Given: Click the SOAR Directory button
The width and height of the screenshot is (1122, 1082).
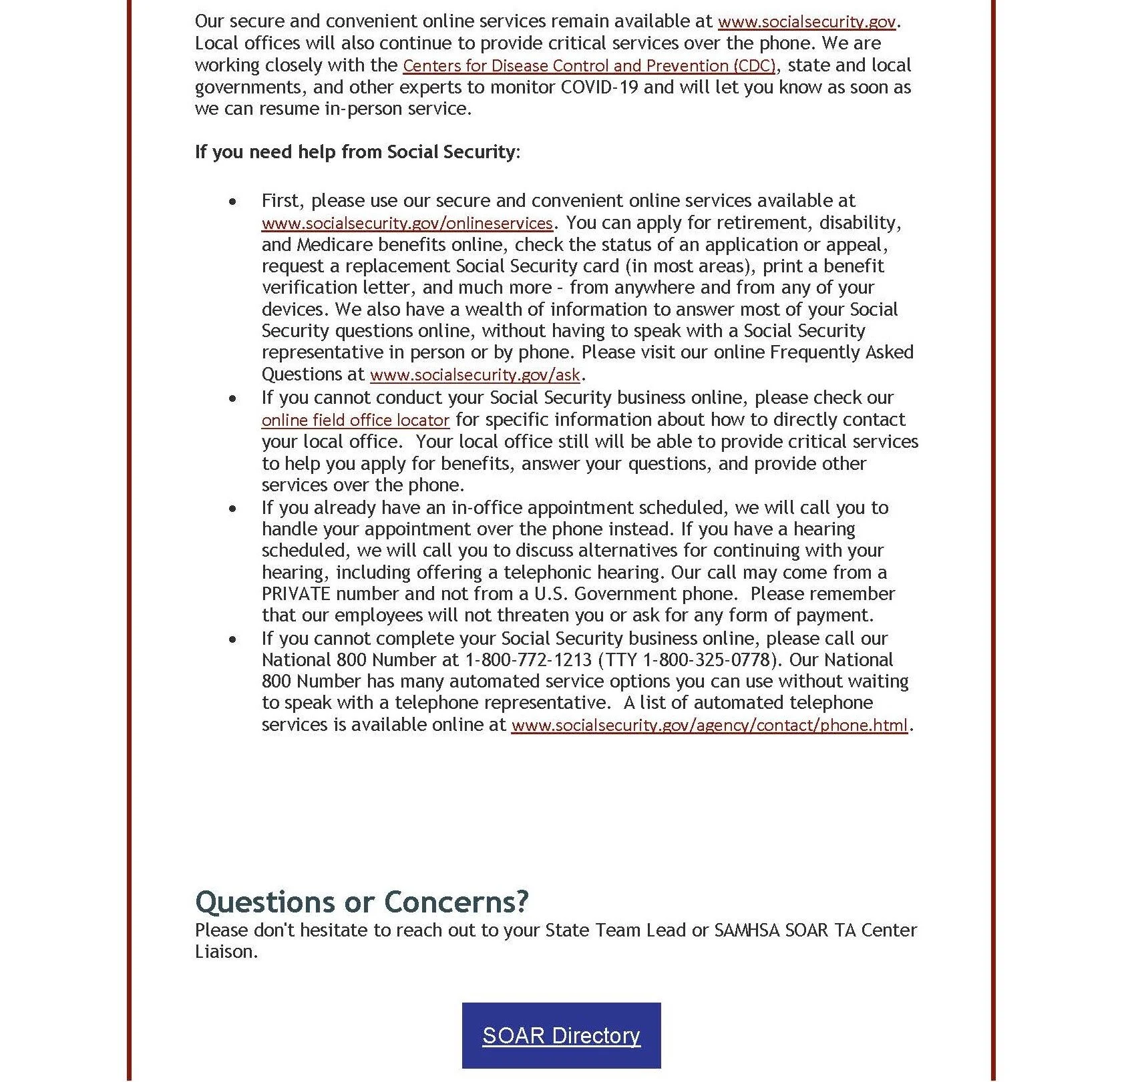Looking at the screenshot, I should (x=561, y=1035).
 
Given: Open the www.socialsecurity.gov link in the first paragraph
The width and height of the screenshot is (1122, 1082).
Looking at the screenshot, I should (x=806, y=22).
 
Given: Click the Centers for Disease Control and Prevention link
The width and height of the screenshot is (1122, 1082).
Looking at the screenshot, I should (x=589, y=66).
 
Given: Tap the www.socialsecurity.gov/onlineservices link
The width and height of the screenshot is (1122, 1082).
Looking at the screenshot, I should (x=407, y=223).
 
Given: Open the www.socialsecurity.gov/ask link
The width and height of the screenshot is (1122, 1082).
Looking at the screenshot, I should (x=475, y=375).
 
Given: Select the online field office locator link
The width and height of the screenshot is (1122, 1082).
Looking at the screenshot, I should (x=355, y=421).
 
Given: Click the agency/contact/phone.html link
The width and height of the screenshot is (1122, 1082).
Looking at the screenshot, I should (x=709, y=726).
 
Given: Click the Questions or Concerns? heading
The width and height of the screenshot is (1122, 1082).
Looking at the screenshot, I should (x=361, y=902).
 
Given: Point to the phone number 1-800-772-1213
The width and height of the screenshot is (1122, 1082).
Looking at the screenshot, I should (x=528, y=660).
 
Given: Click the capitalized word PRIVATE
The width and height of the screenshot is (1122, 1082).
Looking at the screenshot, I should (x=296, y=594).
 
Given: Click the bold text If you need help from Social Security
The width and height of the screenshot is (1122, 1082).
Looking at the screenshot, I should (x=355, y=152).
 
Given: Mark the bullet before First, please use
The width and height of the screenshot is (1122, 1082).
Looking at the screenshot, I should (x=232, y=202).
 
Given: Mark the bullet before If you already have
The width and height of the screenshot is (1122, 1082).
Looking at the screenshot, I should (x=232, y=509).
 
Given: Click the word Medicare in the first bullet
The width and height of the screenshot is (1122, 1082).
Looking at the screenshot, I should (x=333, y=245).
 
